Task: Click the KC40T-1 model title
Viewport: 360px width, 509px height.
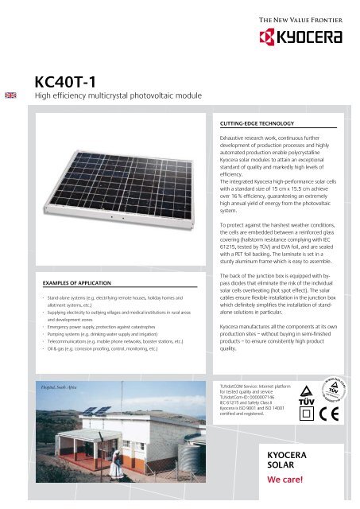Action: [x=72, y=82]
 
